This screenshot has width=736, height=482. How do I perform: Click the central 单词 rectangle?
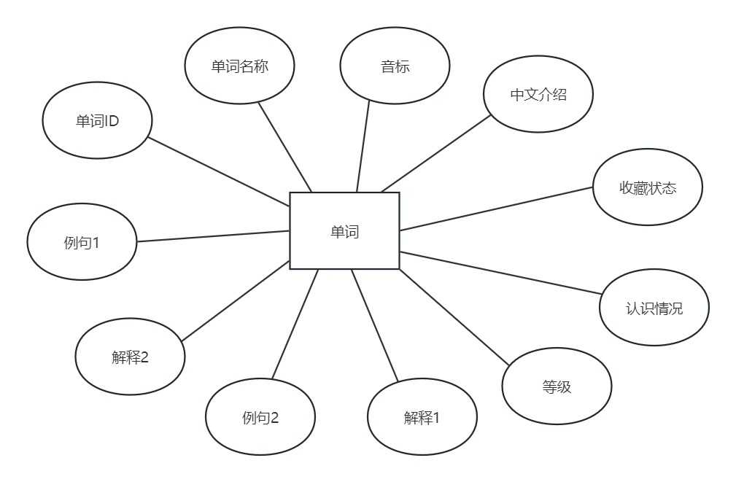(x=344, y=231)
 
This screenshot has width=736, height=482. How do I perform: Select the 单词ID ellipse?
(x=97, y=120)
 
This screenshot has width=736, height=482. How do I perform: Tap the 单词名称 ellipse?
(x=239, y=66)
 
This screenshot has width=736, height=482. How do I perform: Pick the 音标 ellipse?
(x=395, y=66)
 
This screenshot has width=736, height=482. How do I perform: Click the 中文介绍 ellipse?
(x=538, y=94)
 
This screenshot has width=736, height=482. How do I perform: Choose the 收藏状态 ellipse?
(x=647, y=187)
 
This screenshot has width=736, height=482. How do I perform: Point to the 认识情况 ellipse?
(x=654, y=307)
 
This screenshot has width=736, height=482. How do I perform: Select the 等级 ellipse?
(x=557, y=386)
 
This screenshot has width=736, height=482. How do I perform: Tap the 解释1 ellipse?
(x=422, y=417)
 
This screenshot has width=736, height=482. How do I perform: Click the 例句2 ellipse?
(x=260, y=417)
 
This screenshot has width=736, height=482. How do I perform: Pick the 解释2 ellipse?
(x=130, y=357)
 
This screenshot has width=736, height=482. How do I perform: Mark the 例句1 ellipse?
(x=82, y=241)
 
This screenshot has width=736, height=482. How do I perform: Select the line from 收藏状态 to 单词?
(x=496, y=209)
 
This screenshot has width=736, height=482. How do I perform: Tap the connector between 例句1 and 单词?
(x=213, y=236)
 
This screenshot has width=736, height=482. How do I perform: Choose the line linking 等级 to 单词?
(x=452, y=316)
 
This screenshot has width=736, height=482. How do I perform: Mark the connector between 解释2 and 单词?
(x=235, y=301)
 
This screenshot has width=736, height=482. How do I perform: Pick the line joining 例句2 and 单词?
(x=295, y=324)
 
